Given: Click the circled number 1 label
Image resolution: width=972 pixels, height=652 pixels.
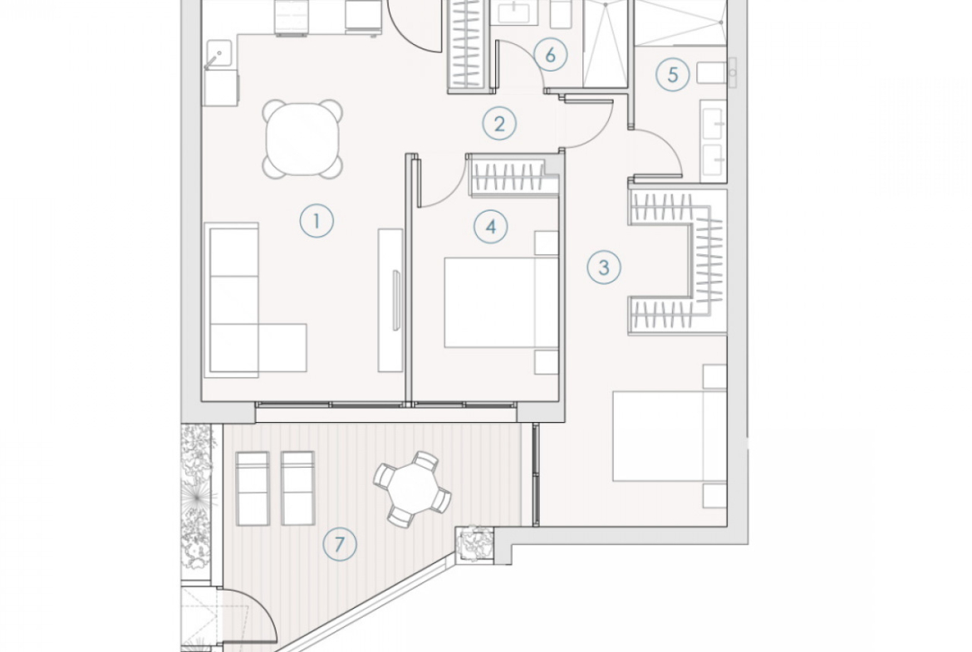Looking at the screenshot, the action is coord(317,221).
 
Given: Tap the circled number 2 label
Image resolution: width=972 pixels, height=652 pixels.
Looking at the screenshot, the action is coord(499,124).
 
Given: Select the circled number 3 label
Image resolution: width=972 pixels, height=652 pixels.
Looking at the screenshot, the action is coord(604,267).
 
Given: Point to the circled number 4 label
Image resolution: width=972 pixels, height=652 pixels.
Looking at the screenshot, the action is coord(491,227).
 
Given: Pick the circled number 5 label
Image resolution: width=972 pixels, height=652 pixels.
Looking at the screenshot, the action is coord(673,75).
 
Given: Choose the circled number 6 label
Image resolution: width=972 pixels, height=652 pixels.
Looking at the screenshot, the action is coord(551,55).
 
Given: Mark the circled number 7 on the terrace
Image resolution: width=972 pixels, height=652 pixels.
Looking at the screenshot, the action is coord(340,545).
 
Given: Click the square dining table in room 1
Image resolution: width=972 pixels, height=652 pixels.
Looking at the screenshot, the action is coord(303,139).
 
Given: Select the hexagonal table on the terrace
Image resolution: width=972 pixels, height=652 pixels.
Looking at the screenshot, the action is coord(412,489).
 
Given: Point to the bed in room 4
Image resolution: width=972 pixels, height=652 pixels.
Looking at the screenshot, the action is coord(502,302).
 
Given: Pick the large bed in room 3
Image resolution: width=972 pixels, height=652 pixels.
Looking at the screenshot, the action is coord(670,436).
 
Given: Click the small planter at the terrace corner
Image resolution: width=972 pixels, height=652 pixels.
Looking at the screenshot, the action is coord(474,543).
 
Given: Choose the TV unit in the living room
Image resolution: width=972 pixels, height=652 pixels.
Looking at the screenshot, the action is coord(390,301).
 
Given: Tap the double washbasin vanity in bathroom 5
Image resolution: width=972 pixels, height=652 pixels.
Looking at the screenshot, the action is coord(714,141).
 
